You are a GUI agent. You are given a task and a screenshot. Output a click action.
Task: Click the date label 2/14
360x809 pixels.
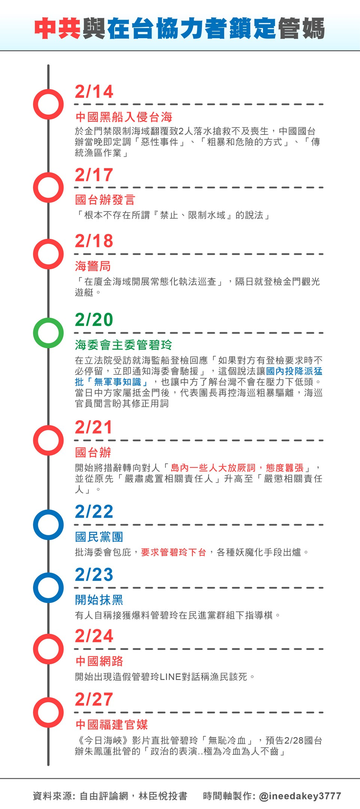pos(94,92)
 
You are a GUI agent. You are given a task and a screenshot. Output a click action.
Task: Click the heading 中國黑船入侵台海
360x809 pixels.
pos(124,117)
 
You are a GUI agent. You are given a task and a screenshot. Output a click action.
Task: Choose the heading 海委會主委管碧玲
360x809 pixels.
pos(124,345)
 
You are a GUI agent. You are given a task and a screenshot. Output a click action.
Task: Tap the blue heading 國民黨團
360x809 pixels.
pos(99,537)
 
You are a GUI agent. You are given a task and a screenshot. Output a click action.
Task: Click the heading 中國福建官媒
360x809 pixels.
pos(111,724)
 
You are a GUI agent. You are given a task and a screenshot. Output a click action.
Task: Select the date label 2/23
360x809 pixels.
pos(94,575)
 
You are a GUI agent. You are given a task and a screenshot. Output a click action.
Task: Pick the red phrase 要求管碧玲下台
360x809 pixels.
pos(174,552)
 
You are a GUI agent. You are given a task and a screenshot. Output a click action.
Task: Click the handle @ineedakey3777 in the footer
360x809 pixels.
pos(300,796)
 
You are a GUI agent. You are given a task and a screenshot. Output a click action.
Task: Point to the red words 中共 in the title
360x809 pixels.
pos(58,28)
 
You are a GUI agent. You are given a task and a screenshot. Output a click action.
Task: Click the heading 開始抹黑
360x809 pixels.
pos(99,600)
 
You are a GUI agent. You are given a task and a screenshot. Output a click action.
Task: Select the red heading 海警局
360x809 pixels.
pos(93,266)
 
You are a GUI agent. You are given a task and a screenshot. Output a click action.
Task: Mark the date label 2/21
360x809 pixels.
pos(94,427)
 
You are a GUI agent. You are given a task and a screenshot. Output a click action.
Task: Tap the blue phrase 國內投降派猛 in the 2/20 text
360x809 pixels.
pos(294,371)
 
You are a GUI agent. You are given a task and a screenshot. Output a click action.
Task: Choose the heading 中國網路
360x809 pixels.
pos(99,661)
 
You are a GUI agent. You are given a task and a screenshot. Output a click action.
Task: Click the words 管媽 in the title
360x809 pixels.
pos(302,28)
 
